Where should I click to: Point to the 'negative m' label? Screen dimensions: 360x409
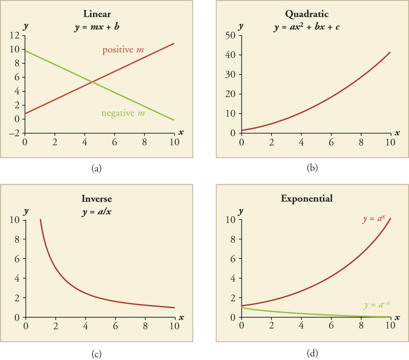pyautogui.click(x=123, y=113)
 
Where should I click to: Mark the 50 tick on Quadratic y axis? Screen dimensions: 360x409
pyautogui.click(x=230, y=36)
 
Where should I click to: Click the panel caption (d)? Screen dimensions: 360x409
pyautogui.click(x=312, y=354)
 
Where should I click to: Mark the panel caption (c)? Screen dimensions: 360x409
pyautogui.click(x=97, y=354)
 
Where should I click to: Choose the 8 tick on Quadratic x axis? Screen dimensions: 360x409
pyautogui.click(x=361, y=142)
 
